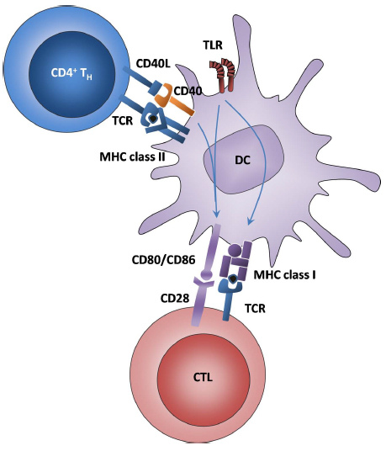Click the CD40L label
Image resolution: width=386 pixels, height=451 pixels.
(x=153, y=64)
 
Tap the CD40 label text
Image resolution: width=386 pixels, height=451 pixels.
(x=188, y=91)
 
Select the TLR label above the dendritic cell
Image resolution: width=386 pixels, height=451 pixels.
(x=213, y=45)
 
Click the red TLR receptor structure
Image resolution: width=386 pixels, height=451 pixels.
(x=223, y=75)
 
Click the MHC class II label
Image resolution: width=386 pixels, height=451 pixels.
(x=132, y=157)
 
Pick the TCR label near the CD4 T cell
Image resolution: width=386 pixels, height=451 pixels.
(x=123, y=121)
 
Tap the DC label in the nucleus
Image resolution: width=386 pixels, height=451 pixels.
(x=243, y=160)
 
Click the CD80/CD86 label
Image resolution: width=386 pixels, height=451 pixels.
(x=163, y=260)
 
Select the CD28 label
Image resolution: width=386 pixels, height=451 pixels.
(x=175, y=298)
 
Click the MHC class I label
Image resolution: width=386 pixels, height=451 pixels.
(x=284, y=275)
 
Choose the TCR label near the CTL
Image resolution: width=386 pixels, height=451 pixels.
(x=255, y=309)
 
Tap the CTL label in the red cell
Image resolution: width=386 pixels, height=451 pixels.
(x=203, y=377)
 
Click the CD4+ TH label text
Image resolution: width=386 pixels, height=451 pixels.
(x=71, y=73)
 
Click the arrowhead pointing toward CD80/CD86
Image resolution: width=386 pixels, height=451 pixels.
(x=216, y=214)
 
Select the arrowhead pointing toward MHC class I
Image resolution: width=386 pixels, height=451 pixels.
(x=250, y=221)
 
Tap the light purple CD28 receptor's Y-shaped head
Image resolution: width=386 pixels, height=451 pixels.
(x=204, y=282)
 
